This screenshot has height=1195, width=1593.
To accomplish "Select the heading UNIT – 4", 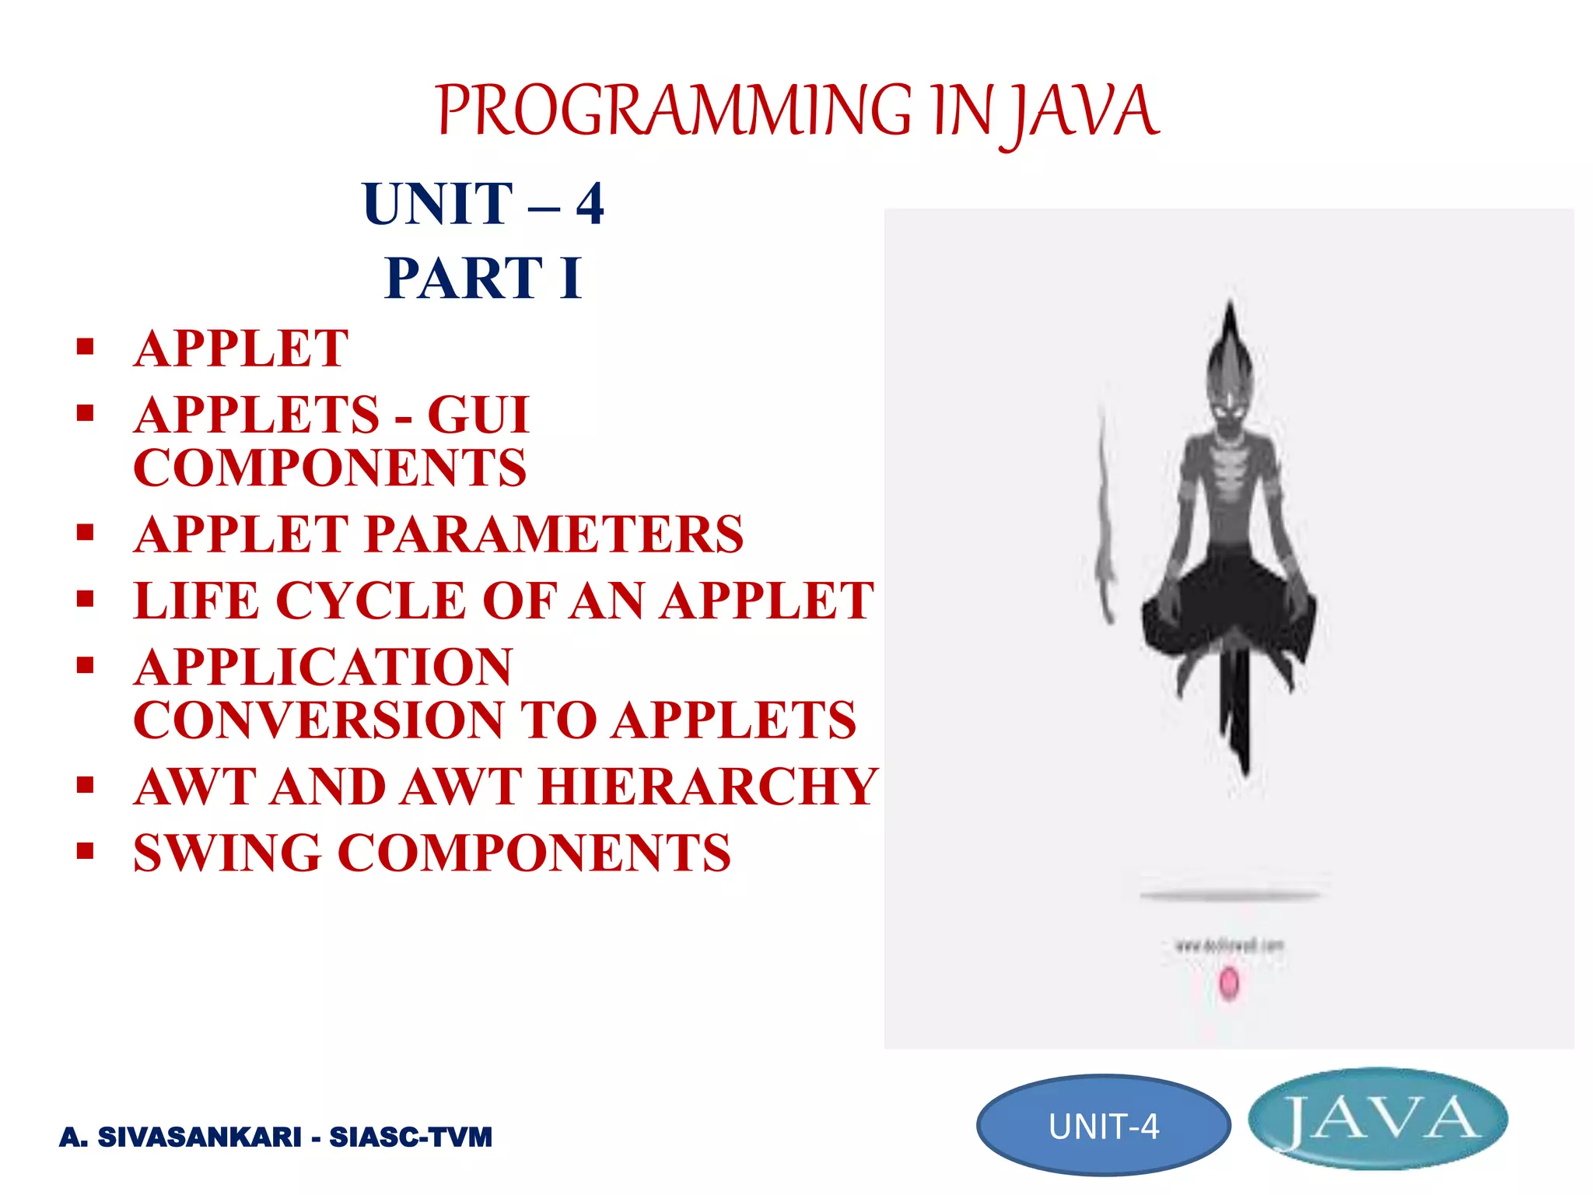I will [x=483, y=204].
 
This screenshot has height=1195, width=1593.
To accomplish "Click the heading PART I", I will [x=483, y=278].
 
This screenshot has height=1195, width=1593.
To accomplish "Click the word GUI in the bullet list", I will [x=478, y=415].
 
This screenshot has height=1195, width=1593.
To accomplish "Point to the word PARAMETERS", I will [x=554, y=534].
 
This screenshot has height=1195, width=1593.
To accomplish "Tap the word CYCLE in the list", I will [x=370, y=601].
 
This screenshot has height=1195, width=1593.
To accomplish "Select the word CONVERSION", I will [x=319, y=720].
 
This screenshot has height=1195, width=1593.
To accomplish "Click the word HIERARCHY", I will [x=708, y=787].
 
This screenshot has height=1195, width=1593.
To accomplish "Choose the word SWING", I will [x=227, y=853].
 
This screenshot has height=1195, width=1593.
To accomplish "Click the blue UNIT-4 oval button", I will [x=1103, y=1126].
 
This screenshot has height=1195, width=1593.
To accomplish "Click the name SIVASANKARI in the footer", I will [x=200, y=1137].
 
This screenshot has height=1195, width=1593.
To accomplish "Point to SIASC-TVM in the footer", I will [x=411, y=1137].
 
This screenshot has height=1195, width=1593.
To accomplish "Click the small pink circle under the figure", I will [x=1228, y=983].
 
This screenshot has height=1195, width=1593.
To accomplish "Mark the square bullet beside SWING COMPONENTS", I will [x=86, y=850].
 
